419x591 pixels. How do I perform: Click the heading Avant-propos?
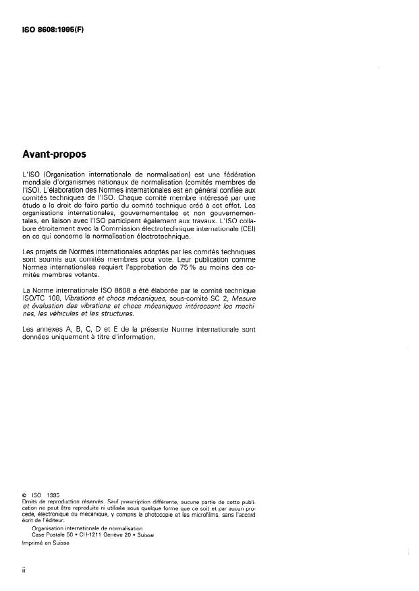[x=58, y=154]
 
